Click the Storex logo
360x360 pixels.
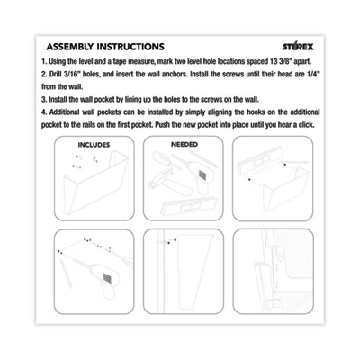[x=298, y=47]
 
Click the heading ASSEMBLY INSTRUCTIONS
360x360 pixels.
[x=105, y=47]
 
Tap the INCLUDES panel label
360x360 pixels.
[x=94, y=145]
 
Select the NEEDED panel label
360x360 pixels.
[x=184, y=144]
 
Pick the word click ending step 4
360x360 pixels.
[x=306, y=125]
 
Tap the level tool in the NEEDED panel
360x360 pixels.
[x=187, y=206]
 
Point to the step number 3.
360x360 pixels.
[x=44, y=99]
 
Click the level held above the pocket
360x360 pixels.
[x=260, y=164]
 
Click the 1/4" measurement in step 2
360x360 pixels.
[x=313, y=74]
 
